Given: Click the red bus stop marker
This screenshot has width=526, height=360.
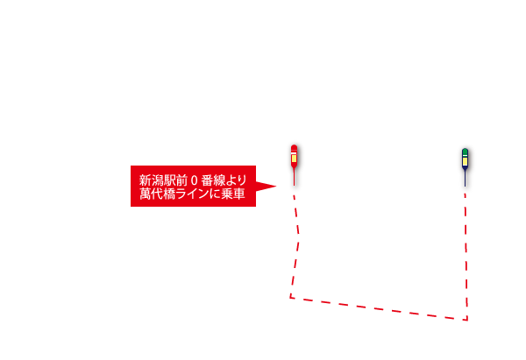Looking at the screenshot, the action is pos(294,165).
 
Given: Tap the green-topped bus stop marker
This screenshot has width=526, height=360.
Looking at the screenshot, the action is pos(465,167).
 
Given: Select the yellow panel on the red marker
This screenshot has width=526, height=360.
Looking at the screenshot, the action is pos(294,159).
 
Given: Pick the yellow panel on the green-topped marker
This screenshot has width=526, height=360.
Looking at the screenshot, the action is pos(465,161).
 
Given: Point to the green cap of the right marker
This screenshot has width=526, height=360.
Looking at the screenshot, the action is pos(465,152).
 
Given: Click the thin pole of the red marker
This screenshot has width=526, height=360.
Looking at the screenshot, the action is pos(295,178).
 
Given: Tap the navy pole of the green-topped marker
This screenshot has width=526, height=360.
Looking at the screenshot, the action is pos(465,179).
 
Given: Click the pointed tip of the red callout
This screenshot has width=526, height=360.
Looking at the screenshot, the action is pos(276,186).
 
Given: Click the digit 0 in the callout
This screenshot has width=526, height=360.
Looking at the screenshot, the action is pos(194,180).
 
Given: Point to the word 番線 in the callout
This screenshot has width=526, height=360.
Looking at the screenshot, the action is pos(213,180).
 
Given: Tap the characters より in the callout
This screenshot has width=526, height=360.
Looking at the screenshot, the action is pos(237,180).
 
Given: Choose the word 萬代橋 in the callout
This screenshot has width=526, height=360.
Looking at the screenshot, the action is pos(157,194).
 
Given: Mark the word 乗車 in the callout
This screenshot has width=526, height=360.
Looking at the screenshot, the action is pos(233,194).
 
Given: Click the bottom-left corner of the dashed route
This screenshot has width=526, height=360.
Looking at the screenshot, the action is pos(290,297).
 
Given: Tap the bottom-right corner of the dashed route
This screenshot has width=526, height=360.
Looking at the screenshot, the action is pos(467,320).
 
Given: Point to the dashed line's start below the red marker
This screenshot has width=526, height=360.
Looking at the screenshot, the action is pos(294,195).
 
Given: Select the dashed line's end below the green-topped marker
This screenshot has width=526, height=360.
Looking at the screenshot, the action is pos(465,194).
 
